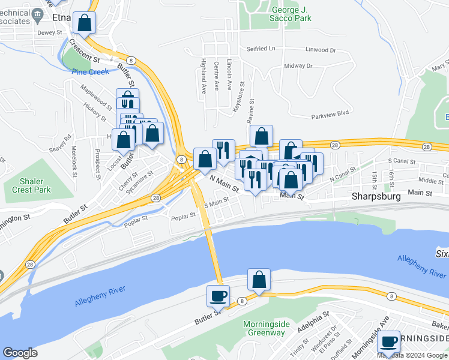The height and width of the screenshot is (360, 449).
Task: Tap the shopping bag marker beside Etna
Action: [x=85, y=23]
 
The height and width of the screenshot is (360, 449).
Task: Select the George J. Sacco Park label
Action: [x=291, y=14]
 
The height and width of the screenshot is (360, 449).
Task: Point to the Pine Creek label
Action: [x=90, y=72]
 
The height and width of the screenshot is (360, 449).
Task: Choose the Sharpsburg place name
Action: [x=376, y=196]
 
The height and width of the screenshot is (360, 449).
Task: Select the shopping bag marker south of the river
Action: [x=259, y=280]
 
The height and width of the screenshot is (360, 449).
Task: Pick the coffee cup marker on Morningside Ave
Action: [x=389, y=342]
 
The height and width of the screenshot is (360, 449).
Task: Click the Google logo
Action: [x=20, y=353]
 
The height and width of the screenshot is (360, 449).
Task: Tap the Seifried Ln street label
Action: [x=261, y=49]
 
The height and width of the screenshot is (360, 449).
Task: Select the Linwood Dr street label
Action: [x=319, y=50]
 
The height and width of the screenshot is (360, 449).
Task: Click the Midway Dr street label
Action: [x=298, y=65]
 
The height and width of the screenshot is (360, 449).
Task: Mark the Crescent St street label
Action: [x=84, y=51]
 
